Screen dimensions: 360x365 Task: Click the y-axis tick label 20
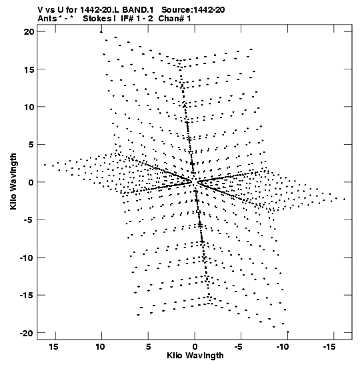(x=29, y=31)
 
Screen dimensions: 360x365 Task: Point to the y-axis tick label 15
(x=29, y=69)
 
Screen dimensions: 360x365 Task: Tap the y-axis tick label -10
(x=27, y=258)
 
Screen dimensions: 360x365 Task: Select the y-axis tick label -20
(x=27, y=333)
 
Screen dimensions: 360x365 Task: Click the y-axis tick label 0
(x=31, y=182)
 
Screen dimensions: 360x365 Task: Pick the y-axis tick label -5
(x=29, y=220)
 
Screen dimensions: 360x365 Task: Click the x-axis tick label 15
(x=53, y=347)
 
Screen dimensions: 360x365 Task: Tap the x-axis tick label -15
(x=329, y=347)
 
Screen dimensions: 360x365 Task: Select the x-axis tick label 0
(x=195, y=347)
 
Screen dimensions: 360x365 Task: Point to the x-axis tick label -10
(x=283, y=347)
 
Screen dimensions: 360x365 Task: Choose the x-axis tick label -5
(x=239, y=347)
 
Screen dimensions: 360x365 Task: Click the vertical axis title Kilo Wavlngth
(x=13, y=181)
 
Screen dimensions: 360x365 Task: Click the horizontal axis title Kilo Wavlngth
(x=195, y=356)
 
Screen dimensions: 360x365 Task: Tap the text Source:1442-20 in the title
(x=193, y=10)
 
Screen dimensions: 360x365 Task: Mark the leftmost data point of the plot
(x=45, y=165)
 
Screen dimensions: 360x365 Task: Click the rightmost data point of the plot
(x=345, y=200)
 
